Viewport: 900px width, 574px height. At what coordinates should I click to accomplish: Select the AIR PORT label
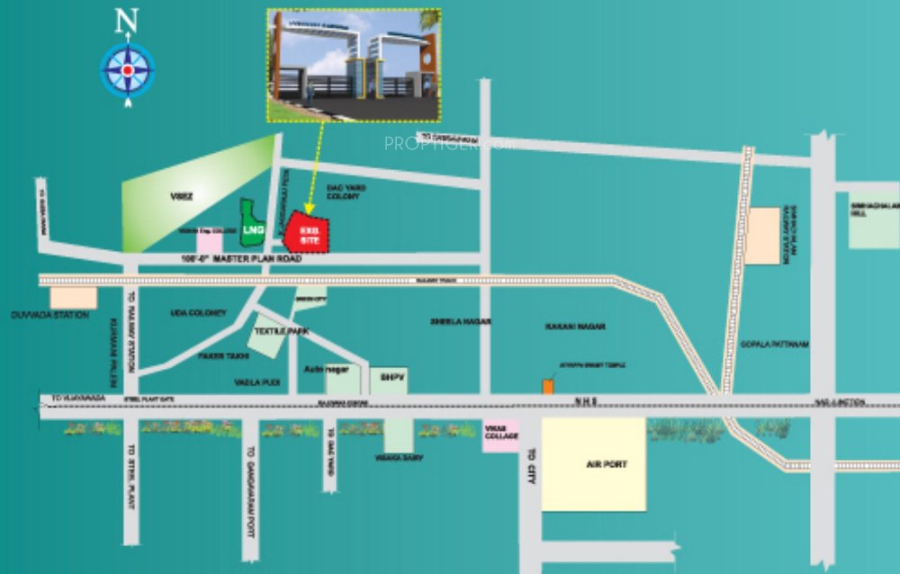(593, 464)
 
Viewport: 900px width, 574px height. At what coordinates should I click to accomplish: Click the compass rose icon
(128, 70)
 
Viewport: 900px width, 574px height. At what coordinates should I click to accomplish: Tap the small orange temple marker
(547, 386)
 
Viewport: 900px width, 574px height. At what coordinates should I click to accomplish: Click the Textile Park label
(281, 331)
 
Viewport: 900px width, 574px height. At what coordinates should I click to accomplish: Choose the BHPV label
(389, 377)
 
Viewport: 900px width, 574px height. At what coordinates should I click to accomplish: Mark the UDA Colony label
(198, 312)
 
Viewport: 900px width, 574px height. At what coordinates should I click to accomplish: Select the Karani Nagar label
(573, 326)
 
